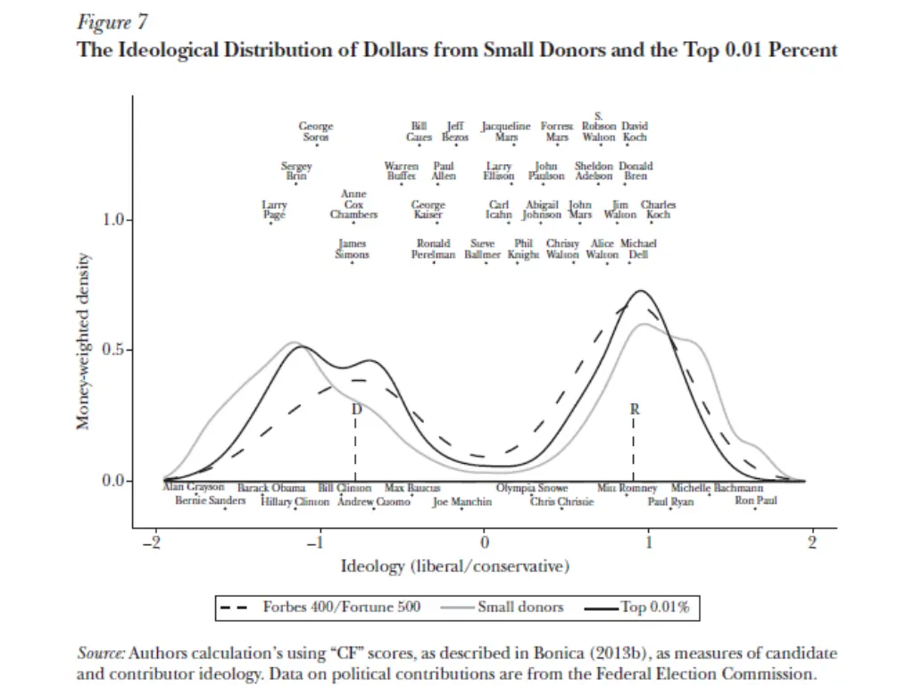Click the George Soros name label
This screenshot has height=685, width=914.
315,132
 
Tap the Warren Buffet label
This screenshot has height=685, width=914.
401,171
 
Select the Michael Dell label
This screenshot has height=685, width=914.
638,249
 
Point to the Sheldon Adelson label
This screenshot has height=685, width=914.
594,171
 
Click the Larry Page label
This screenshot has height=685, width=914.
274,210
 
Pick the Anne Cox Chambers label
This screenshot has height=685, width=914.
353,204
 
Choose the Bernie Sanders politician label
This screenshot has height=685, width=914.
210,501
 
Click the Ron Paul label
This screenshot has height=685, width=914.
755,501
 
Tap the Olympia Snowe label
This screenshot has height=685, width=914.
532,489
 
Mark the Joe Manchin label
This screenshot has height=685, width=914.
461,502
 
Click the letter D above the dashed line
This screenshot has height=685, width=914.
356,409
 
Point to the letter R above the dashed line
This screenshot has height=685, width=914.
635,409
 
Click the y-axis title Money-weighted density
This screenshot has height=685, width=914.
82,340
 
